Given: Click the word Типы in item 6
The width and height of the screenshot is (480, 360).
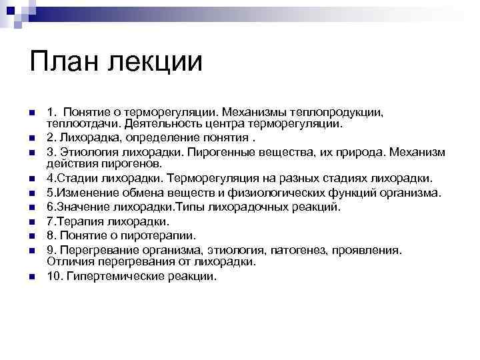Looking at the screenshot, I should (x=190, y=207).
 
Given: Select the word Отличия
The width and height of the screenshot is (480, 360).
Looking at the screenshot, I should (x=71, y=261).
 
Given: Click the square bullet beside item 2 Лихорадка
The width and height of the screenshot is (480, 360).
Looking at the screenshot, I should (x=32, y=139).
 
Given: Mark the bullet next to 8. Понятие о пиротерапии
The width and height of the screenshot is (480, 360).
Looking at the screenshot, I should (x=32, y=236).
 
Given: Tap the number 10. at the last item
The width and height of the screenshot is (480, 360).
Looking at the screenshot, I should (x=55, y=276).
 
